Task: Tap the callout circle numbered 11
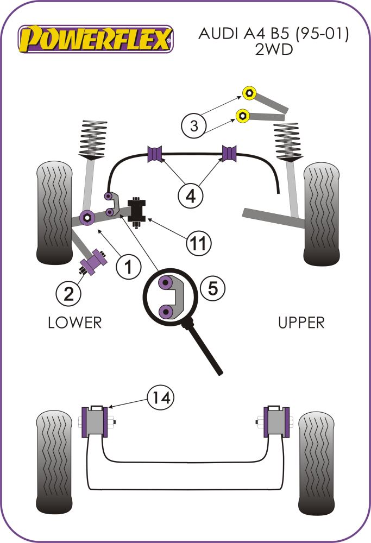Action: point(199,243)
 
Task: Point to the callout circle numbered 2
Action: point(68,293)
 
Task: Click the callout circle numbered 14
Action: point(160,399)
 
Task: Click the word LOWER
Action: point(75,323)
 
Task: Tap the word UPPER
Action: point(301,323)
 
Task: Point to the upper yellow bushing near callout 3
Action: point(250,93)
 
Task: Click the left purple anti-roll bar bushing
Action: point(155,154)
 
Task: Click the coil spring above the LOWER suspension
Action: point(93,139)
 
